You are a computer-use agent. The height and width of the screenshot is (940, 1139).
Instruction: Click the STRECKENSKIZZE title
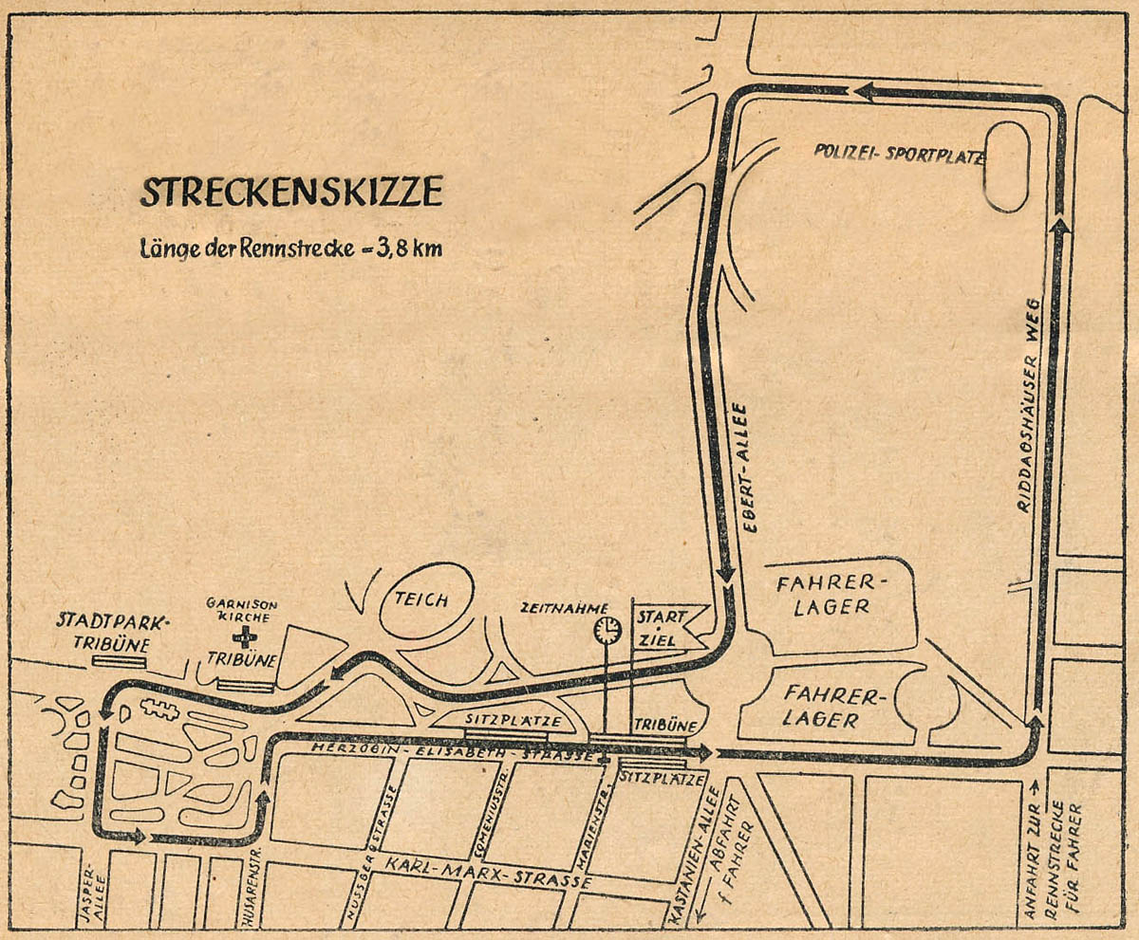290,192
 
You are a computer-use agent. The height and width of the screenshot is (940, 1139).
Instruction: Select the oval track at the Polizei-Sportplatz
1006,167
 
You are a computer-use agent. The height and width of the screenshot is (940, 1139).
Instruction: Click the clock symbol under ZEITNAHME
606,629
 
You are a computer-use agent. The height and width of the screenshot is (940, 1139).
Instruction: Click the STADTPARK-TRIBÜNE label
112,633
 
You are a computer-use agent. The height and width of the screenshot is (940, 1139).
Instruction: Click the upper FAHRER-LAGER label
836,593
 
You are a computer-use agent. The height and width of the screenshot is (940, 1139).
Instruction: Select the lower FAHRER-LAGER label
836,708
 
